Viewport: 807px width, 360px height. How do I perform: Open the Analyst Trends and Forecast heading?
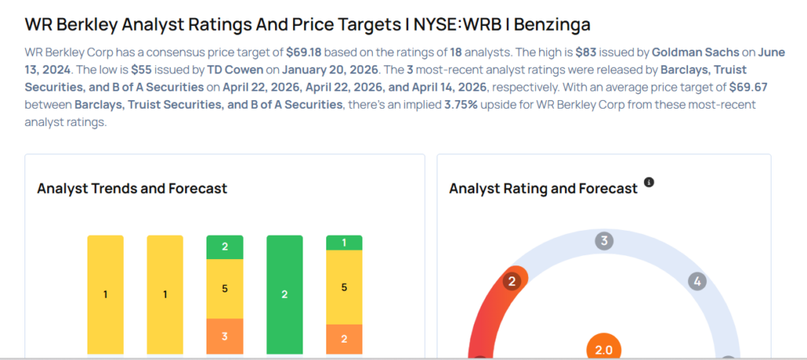(132, 188)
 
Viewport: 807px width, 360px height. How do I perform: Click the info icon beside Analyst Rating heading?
(649, 182)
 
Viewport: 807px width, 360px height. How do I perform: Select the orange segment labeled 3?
(225, 336)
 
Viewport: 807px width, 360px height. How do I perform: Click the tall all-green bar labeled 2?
(284, 295)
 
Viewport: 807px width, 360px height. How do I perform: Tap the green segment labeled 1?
(344, 243)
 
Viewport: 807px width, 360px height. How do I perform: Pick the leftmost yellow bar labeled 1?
(106, 295)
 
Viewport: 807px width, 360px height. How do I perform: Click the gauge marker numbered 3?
(604, 241)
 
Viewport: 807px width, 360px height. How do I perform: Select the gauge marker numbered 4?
(696, 280)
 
